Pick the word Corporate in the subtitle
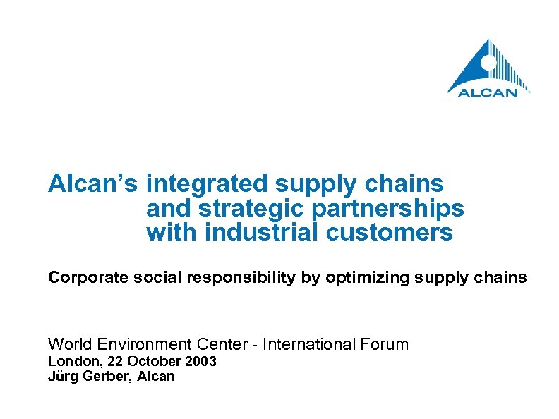[78, 278]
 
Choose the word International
[312, 344]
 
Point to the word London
[70, 362]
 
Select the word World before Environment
[68, 344]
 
